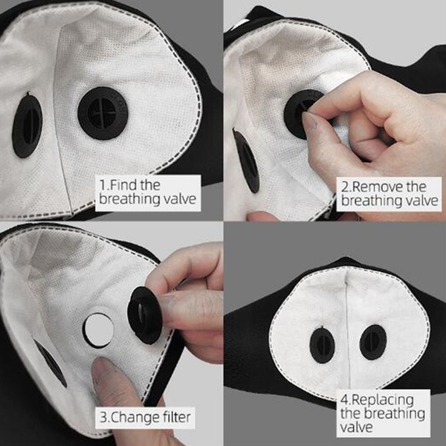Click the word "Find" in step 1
[123, 185]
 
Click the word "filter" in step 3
[177, 417]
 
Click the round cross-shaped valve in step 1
[103, 113]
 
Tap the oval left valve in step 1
[28, 125]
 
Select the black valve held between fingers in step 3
[146, 314]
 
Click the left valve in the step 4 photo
[322, 344]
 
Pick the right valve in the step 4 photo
[373, 342]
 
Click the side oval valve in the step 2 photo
[247, 160]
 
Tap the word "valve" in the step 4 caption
[356, 427]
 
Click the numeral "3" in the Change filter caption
[103, 418]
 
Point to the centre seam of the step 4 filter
[348, 327]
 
